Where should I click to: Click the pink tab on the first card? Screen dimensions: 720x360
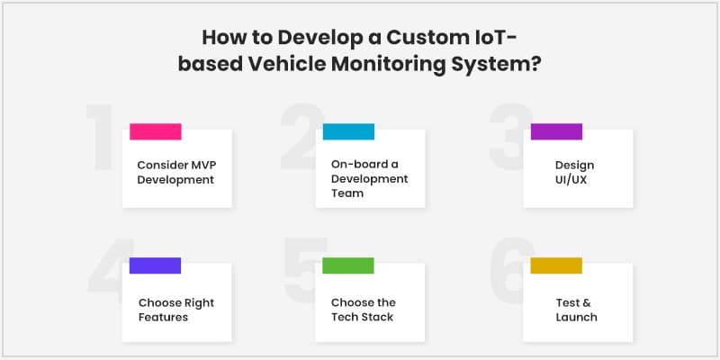point(155,131)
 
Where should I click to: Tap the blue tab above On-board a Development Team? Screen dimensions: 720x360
point(348,131)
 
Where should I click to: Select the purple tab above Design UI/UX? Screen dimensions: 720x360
point(556,131)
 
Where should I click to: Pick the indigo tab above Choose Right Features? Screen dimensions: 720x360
point(155,265)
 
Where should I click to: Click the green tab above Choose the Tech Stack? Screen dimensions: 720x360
point(348,265)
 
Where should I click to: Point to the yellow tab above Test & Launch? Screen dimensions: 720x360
point(556,265)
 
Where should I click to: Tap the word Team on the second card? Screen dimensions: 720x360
point(347,193)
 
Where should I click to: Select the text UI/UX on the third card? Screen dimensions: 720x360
point(571,179)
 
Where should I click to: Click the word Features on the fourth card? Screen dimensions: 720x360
point(163,318)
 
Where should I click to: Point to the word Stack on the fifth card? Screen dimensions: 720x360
point(377,317)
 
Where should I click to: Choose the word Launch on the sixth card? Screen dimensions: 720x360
point(576,318)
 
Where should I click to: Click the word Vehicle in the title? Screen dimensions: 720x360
point(287,64)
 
